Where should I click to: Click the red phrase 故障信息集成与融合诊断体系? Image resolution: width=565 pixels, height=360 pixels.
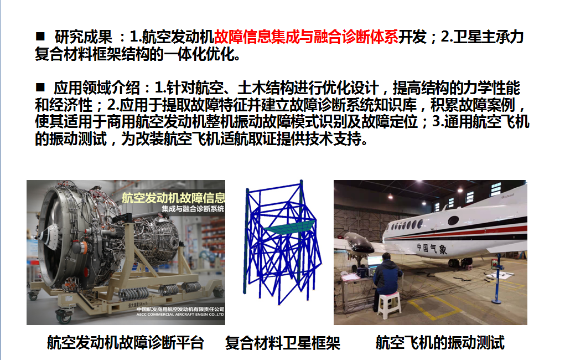click(306, 37)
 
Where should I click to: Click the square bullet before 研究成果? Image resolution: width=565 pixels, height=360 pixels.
click(40, 36)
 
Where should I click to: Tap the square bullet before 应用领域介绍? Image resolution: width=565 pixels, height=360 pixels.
click(40, 87)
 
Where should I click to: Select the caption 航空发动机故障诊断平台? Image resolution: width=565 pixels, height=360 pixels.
click(126, 342)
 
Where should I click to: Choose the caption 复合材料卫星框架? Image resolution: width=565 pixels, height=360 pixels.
click(282, 343)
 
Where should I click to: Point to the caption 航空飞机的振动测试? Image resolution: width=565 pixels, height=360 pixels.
click(440, 342)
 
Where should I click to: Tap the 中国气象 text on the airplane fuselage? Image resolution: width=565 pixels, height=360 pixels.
click(432, 249)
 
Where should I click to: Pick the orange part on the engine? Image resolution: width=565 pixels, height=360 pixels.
click(83, 248)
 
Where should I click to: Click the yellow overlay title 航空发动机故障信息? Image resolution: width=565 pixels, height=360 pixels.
click(173, 198)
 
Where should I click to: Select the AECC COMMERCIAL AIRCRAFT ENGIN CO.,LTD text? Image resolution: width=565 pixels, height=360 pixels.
click(180, 315)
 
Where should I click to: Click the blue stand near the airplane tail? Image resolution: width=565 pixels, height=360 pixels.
click(497, 279)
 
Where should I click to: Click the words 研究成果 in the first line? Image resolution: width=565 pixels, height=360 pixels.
click(83, 37)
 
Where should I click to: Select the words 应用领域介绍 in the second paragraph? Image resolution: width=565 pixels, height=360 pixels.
click(97, 88)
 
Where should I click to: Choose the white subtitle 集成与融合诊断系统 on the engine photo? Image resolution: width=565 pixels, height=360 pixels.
click(193, 209)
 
